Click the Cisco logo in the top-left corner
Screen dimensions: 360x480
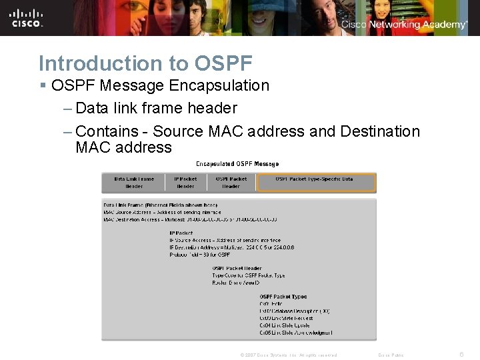[x=27, y=18]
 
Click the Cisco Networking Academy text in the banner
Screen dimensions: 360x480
[x=404, y=25]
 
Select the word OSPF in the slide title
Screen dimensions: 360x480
[x=223, y=63]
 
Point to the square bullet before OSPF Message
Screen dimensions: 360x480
[x=43, y=86]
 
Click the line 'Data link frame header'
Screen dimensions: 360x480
[x=156, y=108]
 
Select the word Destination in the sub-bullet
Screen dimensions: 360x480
[x=380, y=131]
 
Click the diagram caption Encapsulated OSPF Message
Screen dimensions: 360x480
[x=237, y=163]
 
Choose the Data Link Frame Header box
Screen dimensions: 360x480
[x=134, y=183]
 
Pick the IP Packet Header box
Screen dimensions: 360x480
[x=185, y=183]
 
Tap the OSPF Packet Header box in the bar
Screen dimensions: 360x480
[x=231, y=183]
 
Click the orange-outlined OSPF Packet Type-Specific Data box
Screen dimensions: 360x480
[x=317, y=183]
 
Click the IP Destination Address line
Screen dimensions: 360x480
[x=231, y=247]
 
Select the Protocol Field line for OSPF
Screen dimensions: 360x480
[x=199, y=255]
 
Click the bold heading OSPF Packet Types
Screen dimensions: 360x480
[x=283, y=297]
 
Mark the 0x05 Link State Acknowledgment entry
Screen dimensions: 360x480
[x=295, y=332]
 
